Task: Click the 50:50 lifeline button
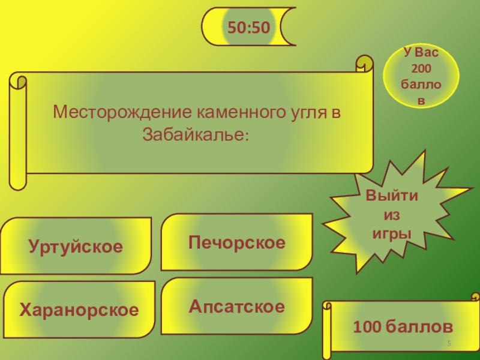point(248,26)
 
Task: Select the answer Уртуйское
point(76,246)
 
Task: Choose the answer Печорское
point(237,242)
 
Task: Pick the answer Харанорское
point(79,310)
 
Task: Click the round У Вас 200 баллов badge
point(421,77)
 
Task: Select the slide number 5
point(448,342)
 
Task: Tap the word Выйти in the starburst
point(392,197)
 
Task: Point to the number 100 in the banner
point(367,327)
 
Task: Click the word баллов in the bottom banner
point(420,327)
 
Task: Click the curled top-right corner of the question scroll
point(364,63)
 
